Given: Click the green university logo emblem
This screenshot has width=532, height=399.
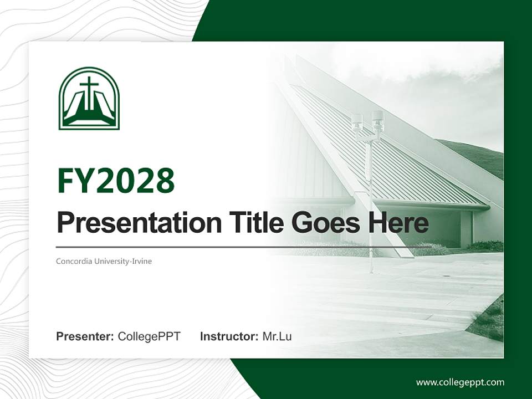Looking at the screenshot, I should pos(89,98).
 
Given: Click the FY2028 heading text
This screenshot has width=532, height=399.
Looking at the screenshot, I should pos(116,181).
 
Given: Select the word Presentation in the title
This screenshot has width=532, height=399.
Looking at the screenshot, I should pos(131,223).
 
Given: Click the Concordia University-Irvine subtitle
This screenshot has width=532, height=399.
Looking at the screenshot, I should pos(104,261).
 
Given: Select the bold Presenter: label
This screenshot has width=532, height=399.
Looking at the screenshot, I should pos(85,336).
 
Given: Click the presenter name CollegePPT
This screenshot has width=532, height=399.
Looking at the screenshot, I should pos(149,336).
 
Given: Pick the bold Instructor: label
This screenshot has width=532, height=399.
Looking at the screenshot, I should pos(229,336).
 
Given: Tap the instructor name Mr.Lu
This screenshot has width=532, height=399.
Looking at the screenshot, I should pos(277,336).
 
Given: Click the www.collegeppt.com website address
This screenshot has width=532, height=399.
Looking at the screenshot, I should pos(460,382).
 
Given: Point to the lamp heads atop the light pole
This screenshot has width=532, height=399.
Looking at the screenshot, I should pos(368,121).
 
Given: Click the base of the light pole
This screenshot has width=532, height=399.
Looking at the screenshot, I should pos(371,270).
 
